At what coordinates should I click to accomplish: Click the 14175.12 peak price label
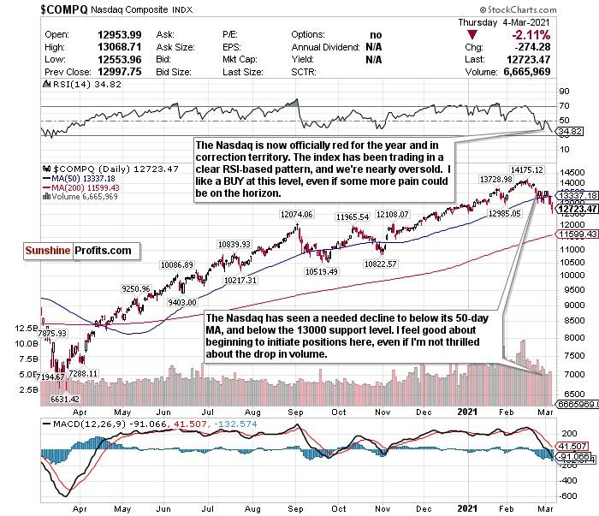point(526,170)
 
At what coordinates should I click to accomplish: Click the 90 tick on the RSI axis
point(562,90)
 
